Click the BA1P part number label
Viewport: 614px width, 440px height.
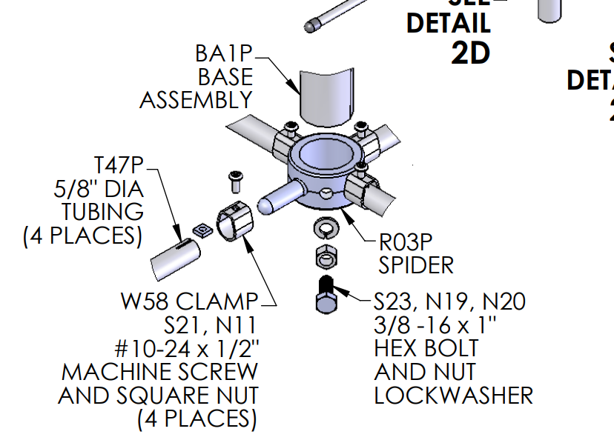click(x=224, y=54)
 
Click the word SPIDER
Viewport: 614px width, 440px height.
click(x=416, y=264)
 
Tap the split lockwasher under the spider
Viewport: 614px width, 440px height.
click(x=326, y=229)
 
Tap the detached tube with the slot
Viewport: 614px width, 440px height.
click(x=176, y=255)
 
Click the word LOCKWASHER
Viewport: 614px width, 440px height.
click(x=453, y=396)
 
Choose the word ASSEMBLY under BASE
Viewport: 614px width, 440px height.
click(x=196, y=101)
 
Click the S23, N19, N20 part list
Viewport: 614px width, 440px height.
click(x=449, y=301)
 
